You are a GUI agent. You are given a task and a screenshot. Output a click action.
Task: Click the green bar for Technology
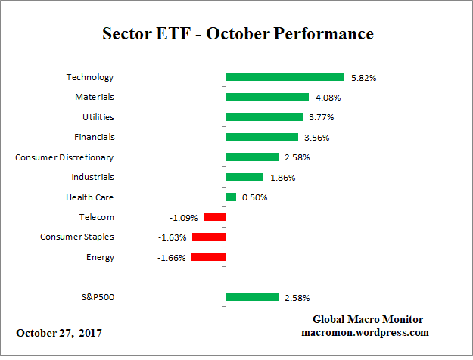coord(285,77)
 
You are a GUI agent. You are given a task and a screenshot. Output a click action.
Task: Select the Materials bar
coord(267,97)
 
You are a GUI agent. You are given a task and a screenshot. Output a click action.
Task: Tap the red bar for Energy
coord(209,257)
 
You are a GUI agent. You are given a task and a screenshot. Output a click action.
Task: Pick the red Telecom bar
coord(214,217)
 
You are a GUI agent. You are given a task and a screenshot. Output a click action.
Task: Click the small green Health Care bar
coord(231,197)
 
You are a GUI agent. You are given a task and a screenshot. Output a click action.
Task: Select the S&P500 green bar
coord(252,297)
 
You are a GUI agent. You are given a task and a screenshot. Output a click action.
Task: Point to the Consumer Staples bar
coord(209,237)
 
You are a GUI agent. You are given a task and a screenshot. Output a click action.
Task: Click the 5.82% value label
coord(363,78)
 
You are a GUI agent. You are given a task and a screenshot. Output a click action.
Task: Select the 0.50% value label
coord(254,198)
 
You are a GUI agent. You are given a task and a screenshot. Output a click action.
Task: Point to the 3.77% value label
coord(320,118)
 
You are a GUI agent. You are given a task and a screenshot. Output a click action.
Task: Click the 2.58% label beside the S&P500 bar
coord(296,298)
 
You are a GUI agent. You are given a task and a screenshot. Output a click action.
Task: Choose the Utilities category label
coord(98,117)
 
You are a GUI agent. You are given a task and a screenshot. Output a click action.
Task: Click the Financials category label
coord(95,137)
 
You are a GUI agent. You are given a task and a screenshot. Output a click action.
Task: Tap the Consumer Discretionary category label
coord(64,157)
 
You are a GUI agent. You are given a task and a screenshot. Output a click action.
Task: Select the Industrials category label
coord(94,177)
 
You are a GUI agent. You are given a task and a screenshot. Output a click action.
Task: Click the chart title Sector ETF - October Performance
coord(237,35)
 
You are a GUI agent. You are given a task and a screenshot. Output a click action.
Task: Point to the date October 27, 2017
coord(59,333)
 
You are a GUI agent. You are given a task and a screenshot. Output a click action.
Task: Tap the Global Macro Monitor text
coord(367,319)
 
